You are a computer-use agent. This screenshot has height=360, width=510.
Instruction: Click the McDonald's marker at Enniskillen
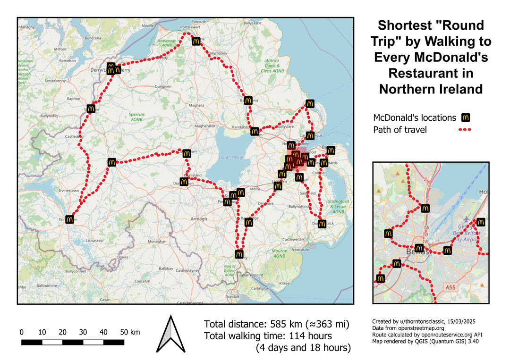click(70, 219)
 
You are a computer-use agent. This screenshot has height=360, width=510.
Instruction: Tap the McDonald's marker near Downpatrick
click(322, 223)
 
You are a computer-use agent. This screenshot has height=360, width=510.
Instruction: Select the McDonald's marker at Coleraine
click(196, 41)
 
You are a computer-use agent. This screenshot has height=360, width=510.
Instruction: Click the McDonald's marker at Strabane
click(91, 109)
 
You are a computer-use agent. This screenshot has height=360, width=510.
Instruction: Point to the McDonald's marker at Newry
click(239, 254)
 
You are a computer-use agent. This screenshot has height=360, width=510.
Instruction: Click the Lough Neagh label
click(231, 157)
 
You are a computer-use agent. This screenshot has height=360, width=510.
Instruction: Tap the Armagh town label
click(199, 219)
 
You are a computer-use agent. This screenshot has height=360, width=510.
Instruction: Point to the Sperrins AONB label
click(137, 117)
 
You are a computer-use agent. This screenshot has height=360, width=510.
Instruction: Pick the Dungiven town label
click(163, 87)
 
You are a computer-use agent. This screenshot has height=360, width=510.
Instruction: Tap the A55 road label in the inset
click(451, 286)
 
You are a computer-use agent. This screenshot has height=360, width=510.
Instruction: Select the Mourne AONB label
click(279, 254)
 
